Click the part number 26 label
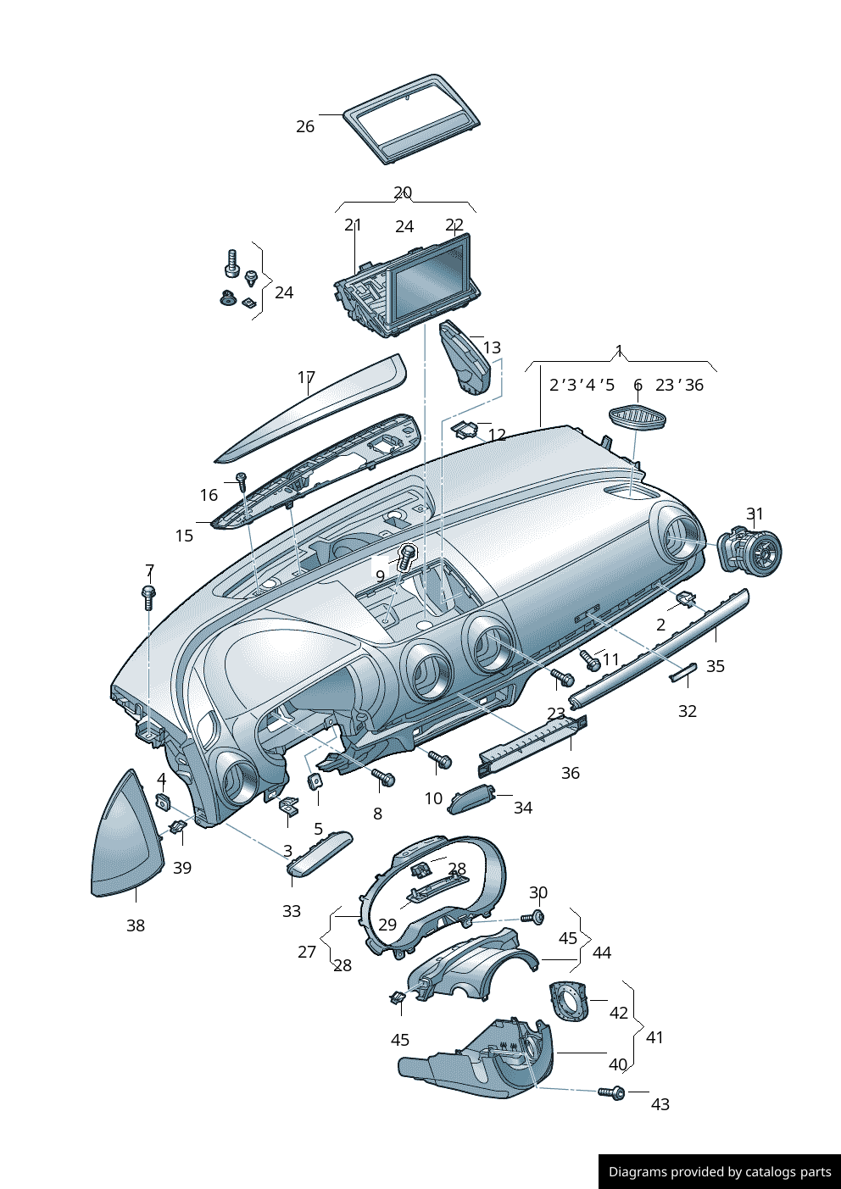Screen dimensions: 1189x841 coord(305,126)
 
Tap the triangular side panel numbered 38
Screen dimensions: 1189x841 coord(127,839)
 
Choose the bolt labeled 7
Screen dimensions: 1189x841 coord(149,596)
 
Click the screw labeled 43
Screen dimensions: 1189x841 coord(611,1092)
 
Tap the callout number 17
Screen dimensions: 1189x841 coord(306,377)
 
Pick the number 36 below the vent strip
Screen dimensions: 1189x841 coord(571,773)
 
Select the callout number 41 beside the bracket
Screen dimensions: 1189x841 coord(654,1037)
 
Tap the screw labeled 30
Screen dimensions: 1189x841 coord(535,917)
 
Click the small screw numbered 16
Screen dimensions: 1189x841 coord(241,480)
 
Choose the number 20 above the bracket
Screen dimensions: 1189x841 coord(403,192)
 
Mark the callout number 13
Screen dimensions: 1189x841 coord(492,347)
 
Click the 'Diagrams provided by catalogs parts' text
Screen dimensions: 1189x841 coord(720,1172)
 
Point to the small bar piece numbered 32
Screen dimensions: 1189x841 coord(683,673)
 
